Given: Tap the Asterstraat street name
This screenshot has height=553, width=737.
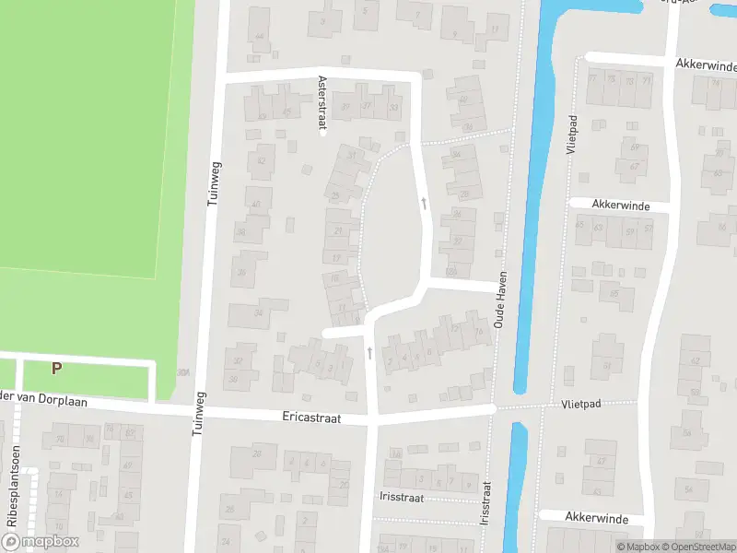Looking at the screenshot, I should pos(322,105).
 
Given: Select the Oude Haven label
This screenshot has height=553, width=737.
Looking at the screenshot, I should pos(501,305).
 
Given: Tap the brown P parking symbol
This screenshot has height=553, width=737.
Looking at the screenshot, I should pos(56,368).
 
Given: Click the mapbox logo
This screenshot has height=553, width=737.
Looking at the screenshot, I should pos(41,542).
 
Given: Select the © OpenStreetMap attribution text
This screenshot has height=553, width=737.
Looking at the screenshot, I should pos(698,547).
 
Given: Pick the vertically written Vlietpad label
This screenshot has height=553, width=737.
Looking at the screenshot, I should pos(572,134).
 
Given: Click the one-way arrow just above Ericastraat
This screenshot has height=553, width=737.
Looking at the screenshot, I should pos(369,352).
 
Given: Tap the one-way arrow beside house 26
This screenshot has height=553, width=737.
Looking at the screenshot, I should pos(424,202).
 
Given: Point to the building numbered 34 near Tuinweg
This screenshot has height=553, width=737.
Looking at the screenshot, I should pos(259,312).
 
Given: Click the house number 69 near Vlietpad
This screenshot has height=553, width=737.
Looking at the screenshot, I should pos(632,147).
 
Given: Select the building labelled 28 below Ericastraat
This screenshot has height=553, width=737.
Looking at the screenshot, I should pos(258,453).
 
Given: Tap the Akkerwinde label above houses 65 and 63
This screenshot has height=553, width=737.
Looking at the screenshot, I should pos(622,205).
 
